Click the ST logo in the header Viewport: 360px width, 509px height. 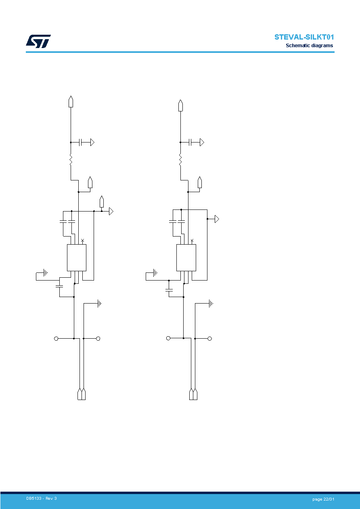point(38,41)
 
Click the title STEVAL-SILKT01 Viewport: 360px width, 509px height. point(304,37)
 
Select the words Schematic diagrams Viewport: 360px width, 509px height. point(310,46)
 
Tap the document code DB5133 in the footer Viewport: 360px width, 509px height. point(34,499)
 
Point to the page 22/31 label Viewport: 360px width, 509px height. point(323,499)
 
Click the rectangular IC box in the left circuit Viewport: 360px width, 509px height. point(77,258)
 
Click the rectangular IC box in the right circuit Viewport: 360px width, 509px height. point(186,258)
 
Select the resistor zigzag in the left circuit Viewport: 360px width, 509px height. point(71,160)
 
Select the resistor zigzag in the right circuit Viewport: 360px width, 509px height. point(180,160)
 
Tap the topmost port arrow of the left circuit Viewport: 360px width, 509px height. point(71,101)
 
